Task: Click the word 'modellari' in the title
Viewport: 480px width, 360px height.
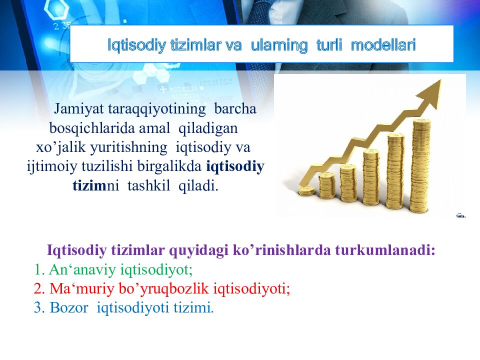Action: (x=383, y=45)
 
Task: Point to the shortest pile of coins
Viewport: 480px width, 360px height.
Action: (x=306, y=190)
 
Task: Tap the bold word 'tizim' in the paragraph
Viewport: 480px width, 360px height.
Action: (x=87, y=186)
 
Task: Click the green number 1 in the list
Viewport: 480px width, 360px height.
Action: (x=38, y=270)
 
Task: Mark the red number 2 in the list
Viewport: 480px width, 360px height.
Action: (x=38, y=289)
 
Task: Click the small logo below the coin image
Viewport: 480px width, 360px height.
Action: (x=460, y=215)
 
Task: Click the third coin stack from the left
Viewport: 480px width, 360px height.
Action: (x=348, y=182)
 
